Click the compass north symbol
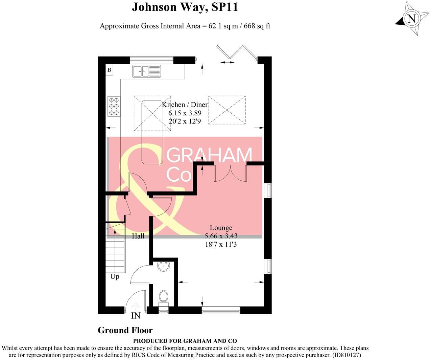click(x=411, y=19)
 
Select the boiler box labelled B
click(x=109, y=70)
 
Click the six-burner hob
click(x=114, y=106)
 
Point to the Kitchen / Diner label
click(x=185, y=105)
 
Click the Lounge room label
click(x=221, y=228)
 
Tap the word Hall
click(x=138, y=236)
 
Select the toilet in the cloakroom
click(x=164, y=297)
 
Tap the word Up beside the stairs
click(x=115, y=277)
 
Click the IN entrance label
click(x=136, y=316)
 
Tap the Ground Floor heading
click(x=125, y=330)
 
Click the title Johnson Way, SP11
click(x=185, y=7)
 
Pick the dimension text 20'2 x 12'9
click(x=185, y=121)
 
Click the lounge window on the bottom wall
click(x=221, y=309)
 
